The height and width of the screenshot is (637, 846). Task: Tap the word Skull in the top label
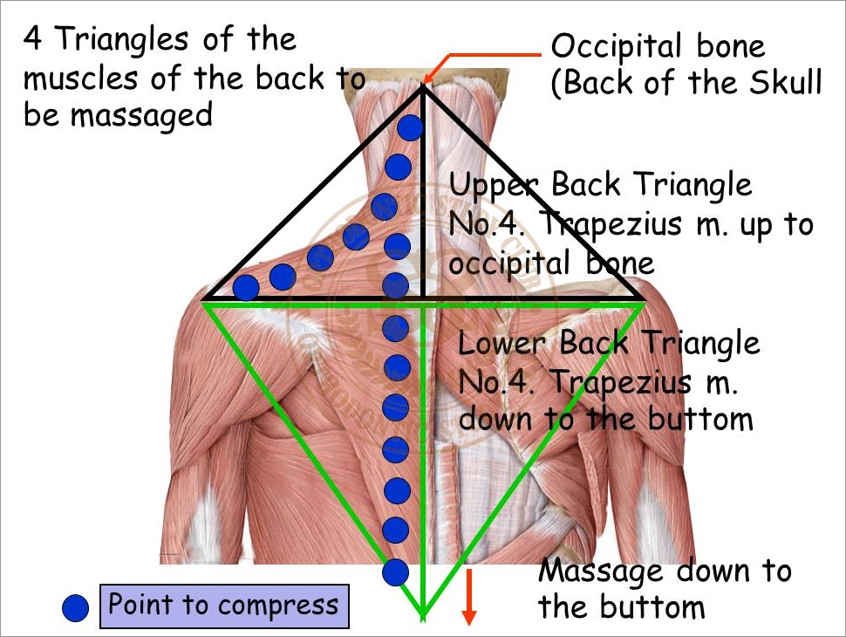click(785, 82)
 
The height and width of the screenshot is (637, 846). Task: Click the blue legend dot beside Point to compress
click(76, 608)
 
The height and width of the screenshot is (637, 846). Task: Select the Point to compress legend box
click(224, 606)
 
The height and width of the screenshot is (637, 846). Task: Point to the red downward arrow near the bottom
click(469, 597)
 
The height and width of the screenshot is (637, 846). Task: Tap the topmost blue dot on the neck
click(410, 128)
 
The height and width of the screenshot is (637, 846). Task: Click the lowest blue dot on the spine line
click(395, 572)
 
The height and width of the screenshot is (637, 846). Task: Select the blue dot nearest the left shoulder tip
click(246, 287)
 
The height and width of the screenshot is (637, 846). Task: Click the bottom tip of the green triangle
click(424, 617)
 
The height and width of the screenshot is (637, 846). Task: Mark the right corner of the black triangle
click(642, 298)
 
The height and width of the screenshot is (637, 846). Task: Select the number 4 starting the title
click(33, 39)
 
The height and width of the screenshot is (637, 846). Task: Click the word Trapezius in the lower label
click(620, 383)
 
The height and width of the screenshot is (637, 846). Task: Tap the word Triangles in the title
click(122, 40)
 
